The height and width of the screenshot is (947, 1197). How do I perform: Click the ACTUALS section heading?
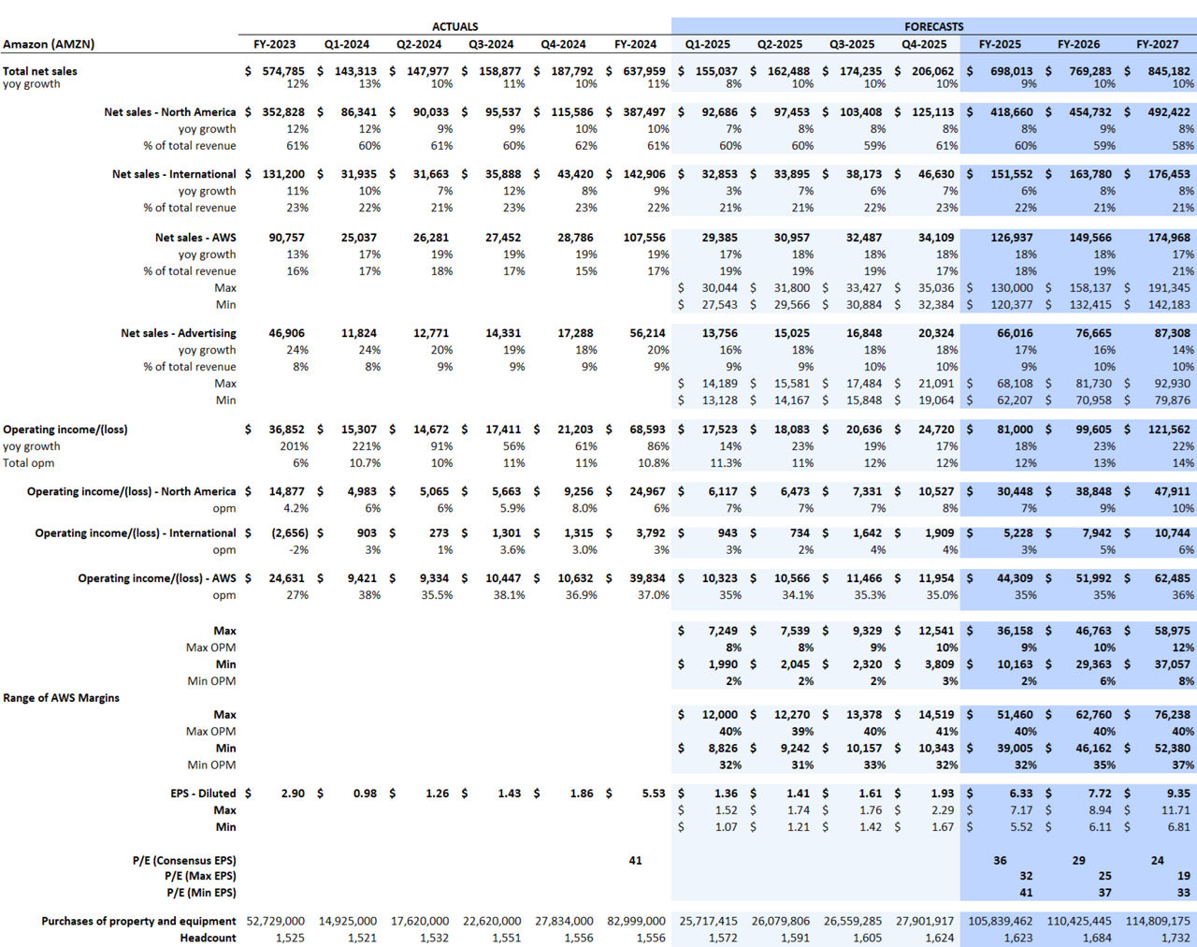[454, 27]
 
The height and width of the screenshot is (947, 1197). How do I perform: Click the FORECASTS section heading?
[933, 27]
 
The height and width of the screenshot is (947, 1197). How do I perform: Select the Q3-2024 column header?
[491, 44]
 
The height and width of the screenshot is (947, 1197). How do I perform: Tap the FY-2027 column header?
[1157, 44]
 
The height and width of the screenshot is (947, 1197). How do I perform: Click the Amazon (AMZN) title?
[49, 44]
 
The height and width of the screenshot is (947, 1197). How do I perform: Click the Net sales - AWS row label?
[195, 238]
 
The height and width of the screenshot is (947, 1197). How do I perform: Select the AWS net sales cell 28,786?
[575, 238]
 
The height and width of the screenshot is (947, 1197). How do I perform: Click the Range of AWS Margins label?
[61, 698]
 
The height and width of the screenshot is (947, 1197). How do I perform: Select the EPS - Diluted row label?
[203, 794]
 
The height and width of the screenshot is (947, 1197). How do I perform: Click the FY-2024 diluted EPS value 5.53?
[653, 794]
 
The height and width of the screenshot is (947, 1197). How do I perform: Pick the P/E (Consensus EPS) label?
[184, 861]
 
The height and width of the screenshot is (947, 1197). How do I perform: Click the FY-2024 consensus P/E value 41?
[635, 861]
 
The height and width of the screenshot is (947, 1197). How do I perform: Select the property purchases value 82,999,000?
[636, 922]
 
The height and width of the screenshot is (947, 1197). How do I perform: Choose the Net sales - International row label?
[174, 174]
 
